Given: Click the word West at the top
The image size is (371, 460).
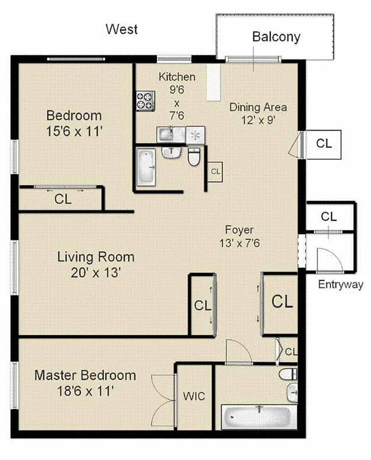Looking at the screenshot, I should point(122,29).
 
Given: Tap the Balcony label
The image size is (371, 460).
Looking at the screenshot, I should point(276,37).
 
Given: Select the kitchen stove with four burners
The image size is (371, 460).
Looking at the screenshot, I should point(145,101).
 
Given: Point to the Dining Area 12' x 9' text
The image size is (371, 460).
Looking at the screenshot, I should point(258,113).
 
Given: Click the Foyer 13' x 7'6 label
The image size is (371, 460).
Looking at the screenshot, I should point(239,236).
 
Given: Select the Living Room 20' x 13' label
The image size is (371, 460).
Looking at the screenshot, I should point(96,264).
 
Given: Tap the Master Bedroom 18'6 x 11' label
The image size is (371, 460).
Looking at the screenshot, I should point(85,383).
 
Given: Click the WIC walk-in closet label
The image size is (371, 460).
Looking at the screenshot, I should point(194,396).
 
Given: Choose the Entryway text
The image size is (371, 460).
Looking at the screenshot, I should point(341,285).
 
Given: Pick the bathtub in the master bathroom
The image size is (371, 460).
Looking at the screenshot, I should point(258,416).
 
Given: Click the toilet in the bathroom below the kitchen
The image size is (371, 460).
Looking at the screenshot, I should point(194,156).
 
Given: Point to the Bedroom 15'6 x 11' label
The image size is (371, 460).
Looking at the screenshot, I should point(74,123).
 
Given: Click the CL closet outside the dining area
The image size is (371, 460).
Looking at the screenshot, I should point(324,144).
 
